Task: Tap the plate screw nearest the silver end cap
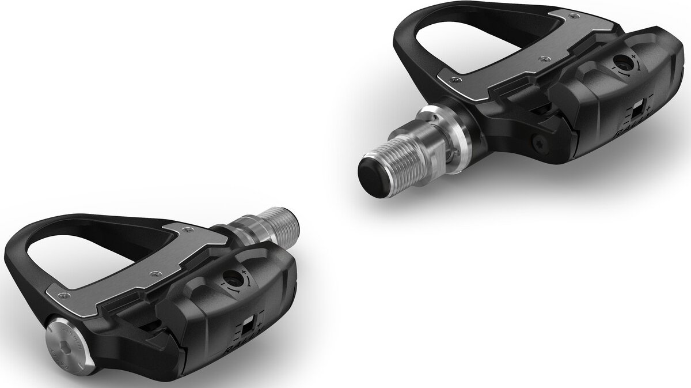tap(65, 296)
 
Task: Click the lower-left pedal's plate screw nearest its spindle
tap(186, 229)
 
